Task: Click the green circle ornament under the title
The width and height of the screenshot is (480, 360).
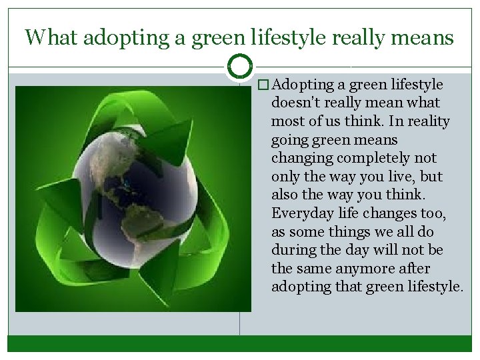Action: click(239, 67)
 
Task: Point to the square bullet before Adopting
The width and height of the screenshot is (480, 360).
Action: click(264, 85)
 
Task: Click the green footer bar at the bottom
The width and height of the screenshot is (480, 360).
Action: click(239, 343)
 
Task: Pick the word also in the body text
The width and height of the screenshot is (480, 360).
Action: click(285, 195)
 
